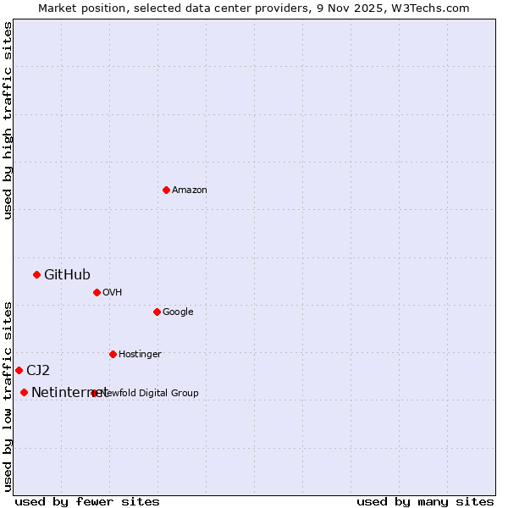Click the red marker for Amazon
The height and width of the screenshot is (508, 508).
click(x=166, y=190)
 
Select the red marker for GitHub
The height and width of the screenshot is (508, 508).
click(x=36, y=274)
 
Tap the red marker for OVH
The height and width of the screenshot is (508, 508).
click(x=97, y=292)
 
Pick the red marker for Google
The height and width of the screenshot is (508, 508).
click(x=157, y=312)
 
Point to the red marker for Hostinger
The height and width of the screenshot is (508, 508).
click(x=113, y=354)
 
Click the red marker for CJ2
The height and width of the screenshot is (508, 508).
click(x=19, y=370)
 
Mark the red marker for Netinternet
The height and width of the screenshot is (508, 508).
click(x=24, y=392)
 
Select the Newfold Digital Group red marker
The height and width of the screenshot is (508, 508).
click(x=94, y=393)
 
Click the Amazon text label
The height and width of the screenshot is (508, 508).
click(x=190, y=190)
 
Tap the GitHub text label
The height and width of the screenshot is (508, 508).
click(x=67, y=274)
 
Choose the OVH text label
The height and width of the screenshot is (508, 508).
click(x=113, y=293)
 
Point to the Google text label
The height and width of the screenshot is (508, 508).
click(x=178, y=312)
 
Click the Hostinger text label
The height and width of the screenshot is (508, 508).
click(x=140, y=355)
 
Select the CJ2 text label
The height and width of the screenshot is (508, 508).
click(x=38, y=370)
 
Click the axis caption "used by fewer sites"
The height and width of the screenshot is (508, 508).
click(x=87, y=502)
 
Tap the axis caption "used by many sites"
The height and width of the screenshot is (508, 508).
click(x=425, y=502)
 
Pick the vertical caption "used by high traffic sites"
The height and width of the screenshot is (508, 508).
click(x=8, y=120)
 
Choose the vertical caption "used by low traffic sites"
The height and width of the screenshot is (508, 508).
click(x=8, y=396)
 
